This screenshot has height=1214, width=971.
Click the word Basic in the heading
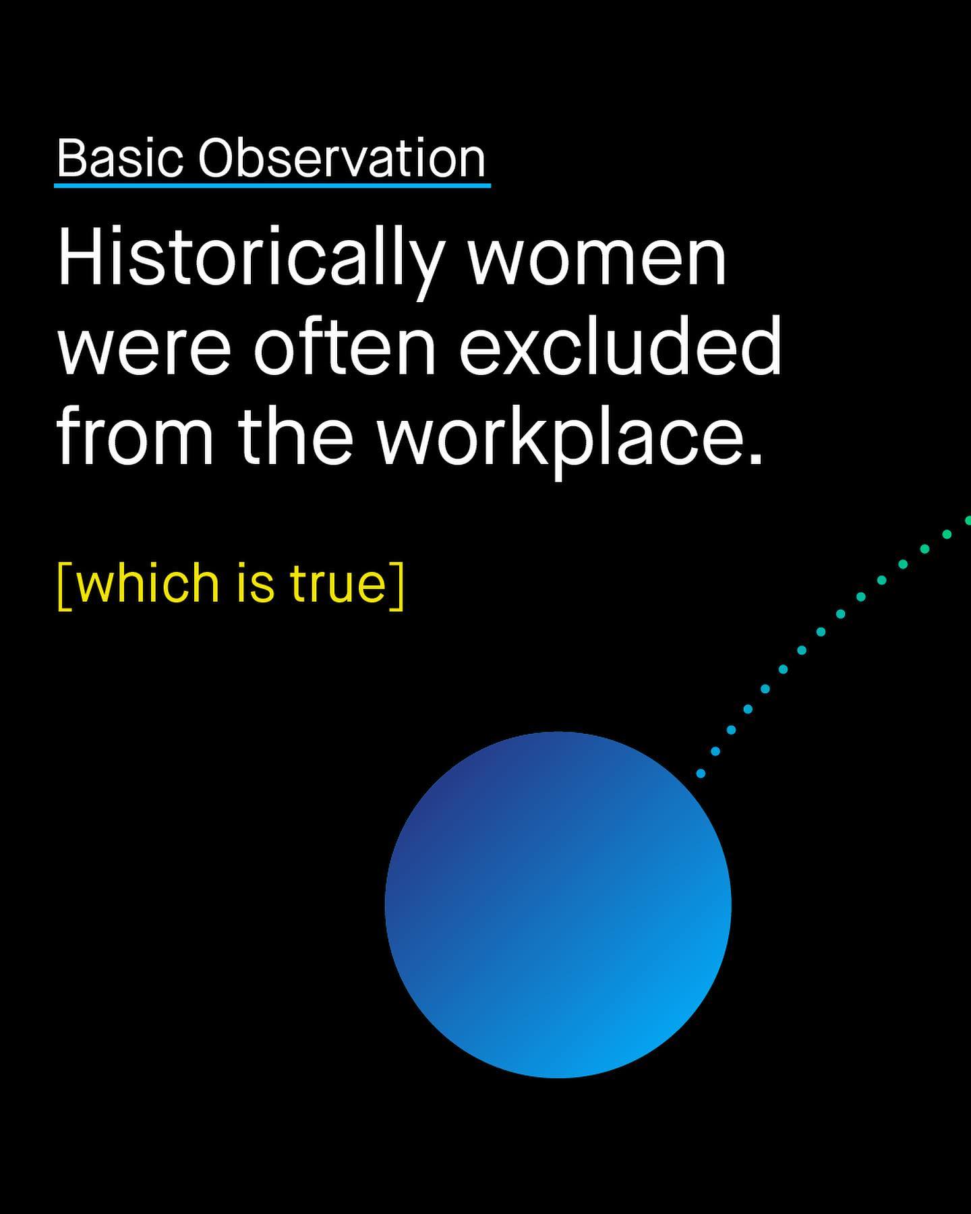tap(120, 158)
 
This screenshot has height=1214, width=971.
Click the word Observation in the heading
tap(341, 158)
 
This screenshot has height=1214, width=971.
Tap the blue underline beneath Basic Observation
tap(272, 184)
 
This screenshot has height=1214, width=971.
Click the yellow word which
tap(148, 583)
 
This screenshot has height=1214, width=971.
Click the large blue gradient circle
tap(558, 905)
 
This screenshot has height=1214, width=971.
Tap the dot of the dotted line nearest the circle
tap(701, 774)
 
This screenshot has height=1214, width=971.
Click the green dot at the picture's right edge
tap(968, 520)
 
